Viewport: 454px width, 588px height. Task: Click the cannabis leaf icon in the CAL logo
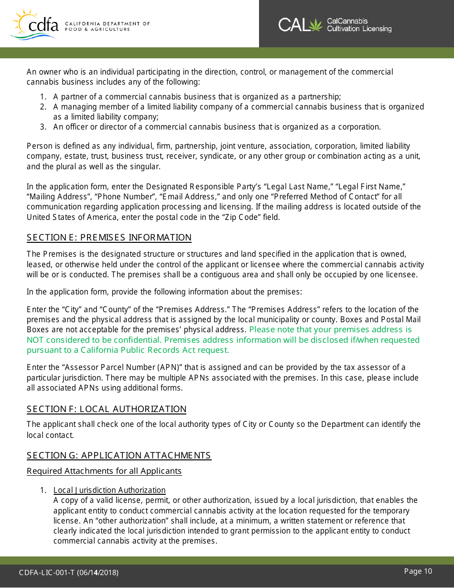[x=316, y=25]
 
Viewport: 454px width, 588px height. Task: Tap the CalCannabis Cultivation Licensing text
[x=359, y=25]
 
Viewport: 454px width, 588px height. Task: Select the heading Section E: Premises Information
[x=109, y=238]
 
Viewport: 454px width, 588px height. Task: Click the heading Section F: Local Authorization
[x=107, y=409]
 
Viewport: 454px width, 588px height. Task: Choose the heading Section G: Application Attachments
[x=119, y=456]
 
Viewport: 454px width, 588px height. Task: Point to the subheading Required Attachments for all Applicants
[x=104, y=471]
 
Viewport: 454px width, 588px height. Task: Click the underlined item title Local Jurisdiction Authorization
[x=109, y=490]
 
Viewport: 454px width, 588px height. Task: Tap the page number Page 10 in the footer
[x=418, y=571]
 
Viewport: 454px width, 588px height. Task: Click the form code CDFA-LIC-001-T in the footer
[x=47, y=573]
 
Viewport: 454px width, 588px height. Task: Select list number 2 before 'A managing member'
[x=43, y=107]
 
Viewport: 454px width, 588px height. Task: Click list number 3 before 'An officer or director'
[x=43, y=127]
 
